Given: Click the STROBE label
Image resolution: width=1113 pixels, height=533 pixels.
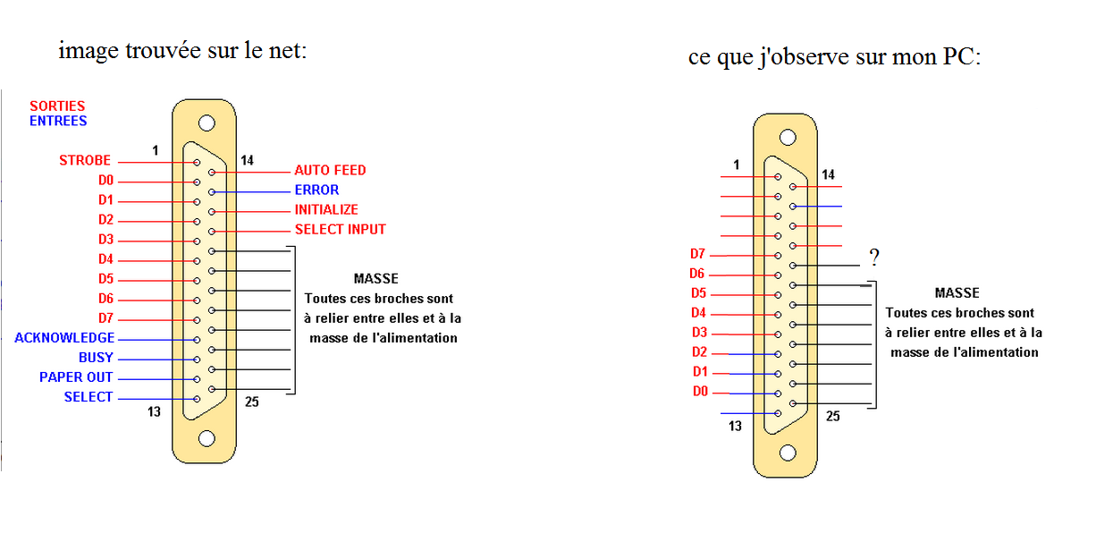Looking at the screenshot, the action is [x=85, y=161].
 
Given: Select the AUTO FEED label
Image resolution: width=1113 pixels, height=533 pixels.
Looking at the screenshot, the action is [x=330, y=170].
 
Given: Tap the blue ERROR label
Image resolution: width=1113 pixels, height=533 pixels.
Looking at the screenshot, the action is [x=316, y=190].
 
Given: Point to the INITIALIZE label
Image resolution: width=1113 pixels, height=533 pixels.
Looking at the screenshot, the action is [x=326, y=209].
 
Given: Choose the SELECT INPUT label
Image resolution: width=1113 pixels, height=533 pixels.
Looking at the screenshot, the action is [x=340, y=229].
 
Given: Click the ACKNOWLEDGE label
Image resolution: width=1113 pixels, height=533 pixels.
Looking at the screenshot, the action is [x=64, y=338].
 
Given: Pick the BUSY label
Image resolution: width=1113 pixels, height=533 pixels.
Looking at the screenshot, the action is [x=97, y=358].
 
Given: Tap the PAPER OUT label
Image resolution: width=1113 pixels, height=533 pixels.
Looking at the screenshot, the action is [x=76, y=377].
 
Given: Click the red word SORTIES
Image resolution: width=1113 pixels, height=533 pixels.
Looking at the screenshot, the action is [x=57, y=106].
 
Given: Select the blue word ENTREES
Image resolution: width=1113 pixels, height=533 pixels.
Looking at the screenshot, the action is [x=58, y=121].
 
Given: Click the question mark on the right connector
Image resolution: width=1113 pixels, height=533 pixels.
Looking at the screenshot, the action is [x=874, y=258].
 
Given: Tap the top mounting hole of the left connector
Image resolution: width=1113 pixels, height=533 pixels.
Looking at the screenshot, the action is [x=207, y=123].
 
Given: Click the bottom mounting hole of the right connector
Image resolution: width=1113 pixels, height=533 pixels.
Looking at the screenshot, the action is [x=788, y=453].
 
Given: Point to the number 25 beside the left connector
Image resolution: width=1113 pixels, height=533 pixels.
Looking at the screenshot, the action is [x=251, y=402].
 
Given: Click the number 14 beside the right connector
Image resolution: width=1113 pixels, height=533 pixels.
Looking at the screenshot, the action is [x=829, y=175].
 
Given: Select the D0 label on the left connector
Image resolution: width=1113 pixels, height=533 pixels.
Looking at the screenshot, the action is [x=106, y=181].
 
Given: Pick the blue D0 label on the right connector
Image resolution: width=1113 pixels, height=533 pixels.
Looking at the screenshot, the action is [x=700, y=392].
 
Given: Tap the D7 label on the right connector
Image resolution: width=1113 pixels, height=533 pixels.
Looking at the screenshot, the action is [x=697, y=255].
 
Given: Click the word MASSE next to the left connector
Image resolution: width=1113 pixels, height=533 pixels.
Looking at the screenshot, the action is [x=375, y=279].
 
